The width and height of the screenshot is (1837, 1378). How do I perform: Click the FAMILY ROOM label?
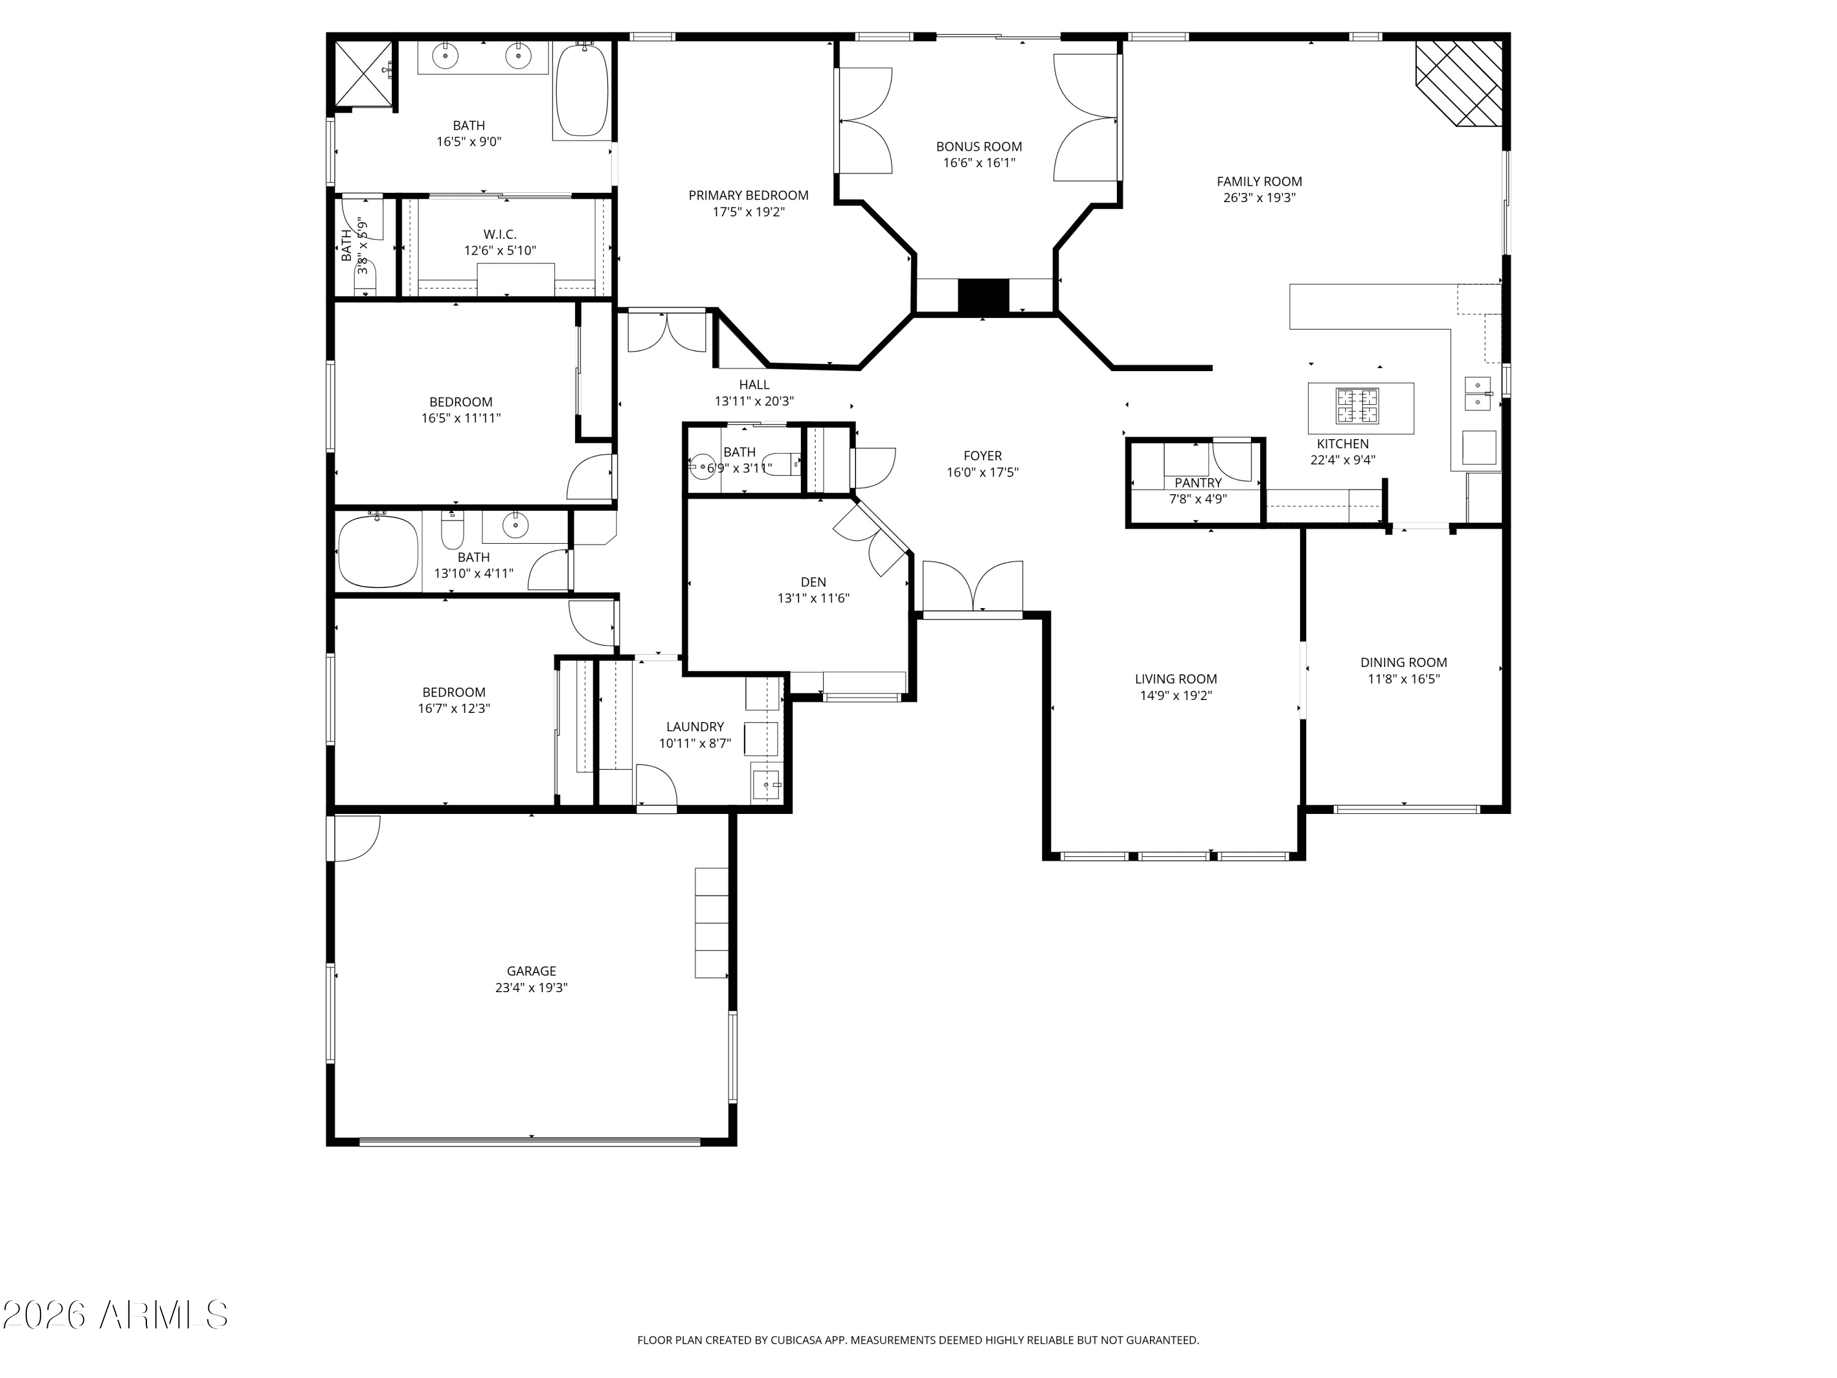[x=1259, y=181]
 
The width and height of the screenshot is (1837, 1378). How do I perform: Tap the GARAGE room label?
[x=532, y=971]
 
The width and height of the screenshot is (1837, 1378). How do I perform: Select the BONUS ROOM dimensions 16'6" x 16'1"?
[x=979, y=163]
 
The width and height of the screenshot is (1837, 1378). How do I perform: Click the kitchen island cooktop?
[x=1357, y=406]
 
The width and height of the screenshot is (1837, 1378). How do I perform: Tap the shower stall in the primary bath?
[x=363, y=75]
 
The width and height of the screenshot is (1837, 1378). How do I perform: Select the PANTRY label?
[x=1198, y=483]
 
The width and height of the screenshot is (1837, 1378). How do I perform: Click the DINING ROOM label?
[x=1403, y=662]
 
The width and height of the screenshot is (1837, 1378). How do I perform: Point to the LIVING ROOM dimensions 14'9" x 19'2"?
[x=1176, y=695]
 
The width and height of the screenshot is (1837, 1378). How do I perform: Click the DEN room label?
[x=813, y=581]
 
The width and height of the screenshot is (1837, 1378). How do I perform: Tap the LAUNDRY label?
[x=695, y=726]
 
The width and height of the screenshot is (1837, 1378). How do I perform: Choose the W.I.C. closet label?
[x=500, y=234]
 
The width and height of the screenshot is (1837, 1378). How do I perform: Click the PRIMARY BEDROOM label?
[x=748, y=195]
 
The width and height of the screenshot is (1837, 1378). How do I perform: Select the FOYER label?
[x=982, y=455]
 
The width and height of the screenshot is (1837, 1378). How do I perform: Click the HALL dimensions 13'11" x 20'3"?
[x=754, y=401]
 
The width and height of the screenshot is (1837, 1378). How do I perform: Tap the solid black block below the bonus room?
[x=983, y=296]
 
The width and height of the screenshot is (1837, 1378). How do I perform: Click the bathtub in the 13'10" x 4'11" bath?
[x=378, y=552]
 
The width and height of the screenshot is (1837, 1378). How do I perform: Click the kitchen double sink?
[x=1478, y=394]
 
